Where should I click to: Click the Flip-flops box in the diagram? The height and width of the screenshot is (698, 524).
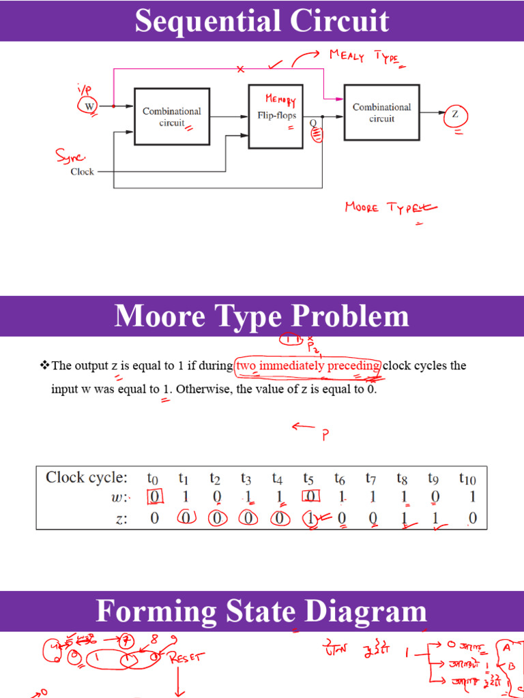coord(276,117)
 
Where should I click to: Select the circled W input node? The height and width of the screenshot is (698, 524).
coord(89,106)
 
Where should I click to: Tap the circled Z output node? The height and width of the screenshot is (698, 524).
coord(455,115)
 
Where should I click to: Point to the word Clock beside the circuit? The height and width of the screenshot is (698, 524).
coord(82,172)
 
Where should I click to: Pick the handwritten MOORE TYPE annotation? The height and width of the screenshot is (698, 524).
coord(390,207)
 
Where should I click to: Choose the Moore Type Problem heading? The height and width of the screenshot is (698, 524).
coord(262,316)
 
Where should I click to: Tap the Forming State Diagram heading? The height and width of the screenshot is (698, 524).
coord(262,611)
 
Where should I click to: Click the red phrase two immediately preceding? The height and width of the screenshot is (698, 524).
coord(308,366)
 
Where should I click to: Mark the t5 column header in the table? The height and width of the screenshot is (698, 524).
coord(308,479)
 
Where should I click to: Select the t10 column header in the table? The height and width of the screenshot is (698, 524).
coord(467,479)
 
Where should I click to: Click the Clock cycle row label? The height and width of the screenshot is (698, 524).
coord(87,477)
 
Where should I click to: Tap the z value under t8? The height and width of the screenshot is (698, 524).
coord(404,518)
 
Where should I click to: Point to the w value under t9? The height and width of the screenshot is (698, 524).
coord(435,497)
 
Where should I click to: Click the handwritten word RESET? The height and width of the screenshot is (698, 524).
coord(185,658)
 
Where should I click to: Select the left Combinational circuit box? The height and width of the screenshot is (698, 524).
coord(171,117)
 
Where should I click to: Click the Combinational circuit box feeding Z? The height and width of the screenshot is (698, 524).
coord(381,112)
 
